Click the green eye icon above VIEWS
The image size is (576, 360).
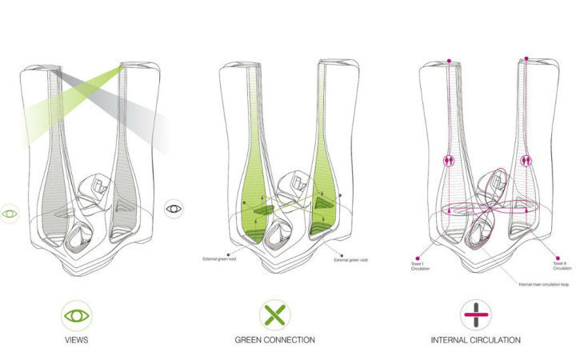(75, 313)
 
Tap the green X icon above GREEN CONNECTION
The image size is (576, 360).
(274, 313)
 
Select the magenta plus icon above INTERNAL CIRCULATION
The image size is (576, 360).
(474, 313)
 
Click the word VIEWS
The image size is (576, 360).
(75, 340)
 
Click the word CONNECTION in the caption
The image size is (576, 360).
(290, 340)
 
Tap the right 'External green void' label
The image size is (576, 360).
(352, 259)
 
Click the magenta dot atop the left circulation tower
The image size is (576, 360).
(450, 59)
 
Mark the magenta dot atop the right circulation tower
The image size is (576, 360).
(526, 58)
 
